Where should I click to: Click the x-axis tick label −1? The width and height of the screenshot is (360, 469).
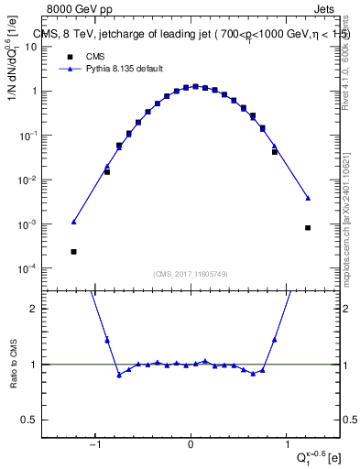click(x=94, y=445)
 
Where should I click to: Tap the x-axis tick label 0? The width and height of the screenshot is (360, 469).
click(x=191, y=445)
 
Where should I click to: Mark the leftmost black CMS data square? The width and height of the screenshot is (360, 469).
click(x=73, y=251)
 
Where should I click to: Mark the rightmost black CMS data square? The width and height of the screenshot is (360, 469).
click(x=308, y=228)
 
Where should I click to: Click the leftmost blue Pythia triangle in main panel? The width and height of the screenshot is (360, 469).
click(x=73, y=222)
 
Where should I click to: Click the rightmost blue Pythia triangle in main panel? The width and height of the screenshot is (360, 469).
click(x=308, y=198)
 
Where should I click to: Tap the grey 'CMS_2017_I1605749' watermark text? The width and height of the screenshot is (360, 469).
click(x=191, y=274)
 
